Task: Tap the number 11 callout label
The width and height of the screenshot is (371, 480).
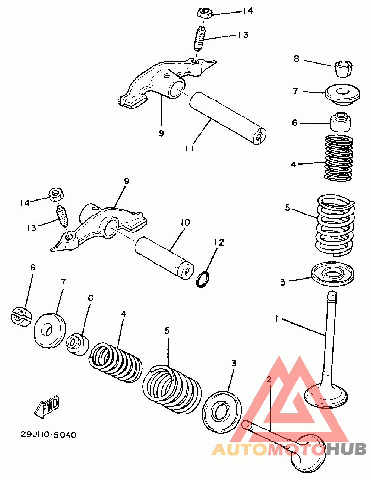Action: [x=190, y=149]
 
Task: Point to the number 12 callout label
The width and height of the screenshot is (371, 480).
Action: [x=219, y=243]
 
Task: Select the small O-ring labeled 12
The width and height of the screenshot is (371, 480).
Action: [x=203, y=280]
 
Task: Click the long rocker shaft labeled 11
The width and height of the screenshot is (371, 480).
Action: [x=227, y=118]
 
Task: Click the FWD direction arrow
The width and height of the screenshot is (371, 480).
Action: [x=47, y=407]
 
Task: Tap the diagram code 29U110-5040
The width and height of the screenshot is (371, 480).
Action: [x=49, y=435]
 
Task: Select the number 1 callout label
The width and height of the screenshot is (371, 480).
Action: [x=277, y=319]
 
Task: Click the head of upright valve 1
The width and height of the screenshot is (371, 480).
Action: [x=326, y=395]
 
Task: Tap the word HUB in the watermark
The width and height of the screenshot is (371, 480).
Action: [x=346, y=449]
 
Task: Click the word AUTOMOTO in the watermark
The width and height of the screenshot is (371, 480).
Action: [x=268, y=449]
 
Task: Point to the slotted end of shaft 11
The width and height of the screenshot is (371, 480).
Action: [x=259, y=136]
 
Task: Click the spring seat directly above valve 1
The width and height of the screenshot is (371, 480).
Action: [x=333, y=273]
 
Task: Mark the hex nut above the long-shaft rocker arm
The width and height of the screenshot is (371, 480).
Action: [x=205, y=14]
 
